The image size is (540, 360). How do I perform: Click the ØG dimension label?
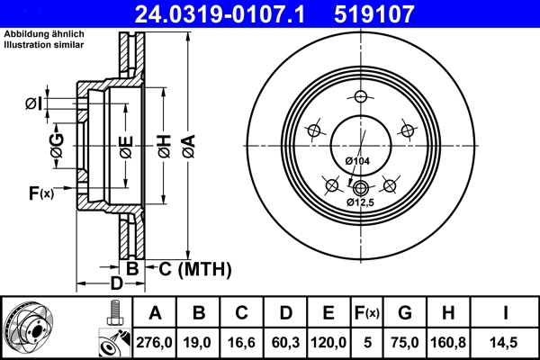[x=57, y=149]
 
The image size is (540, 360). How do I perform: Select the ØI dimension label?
[x=33, y=103]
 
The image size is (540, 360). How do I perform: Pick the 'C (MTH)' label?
[x=194, y=268]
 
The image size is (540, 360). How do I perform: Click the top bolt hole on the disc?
[x=361, y=97]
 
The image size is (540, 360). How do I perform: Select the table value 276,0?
[x=156, y=343]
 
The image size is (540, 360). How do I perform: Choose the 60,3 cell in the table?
[x=286, y=343]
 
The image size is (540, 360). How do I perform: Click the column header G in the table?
[x=404, y=313]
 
